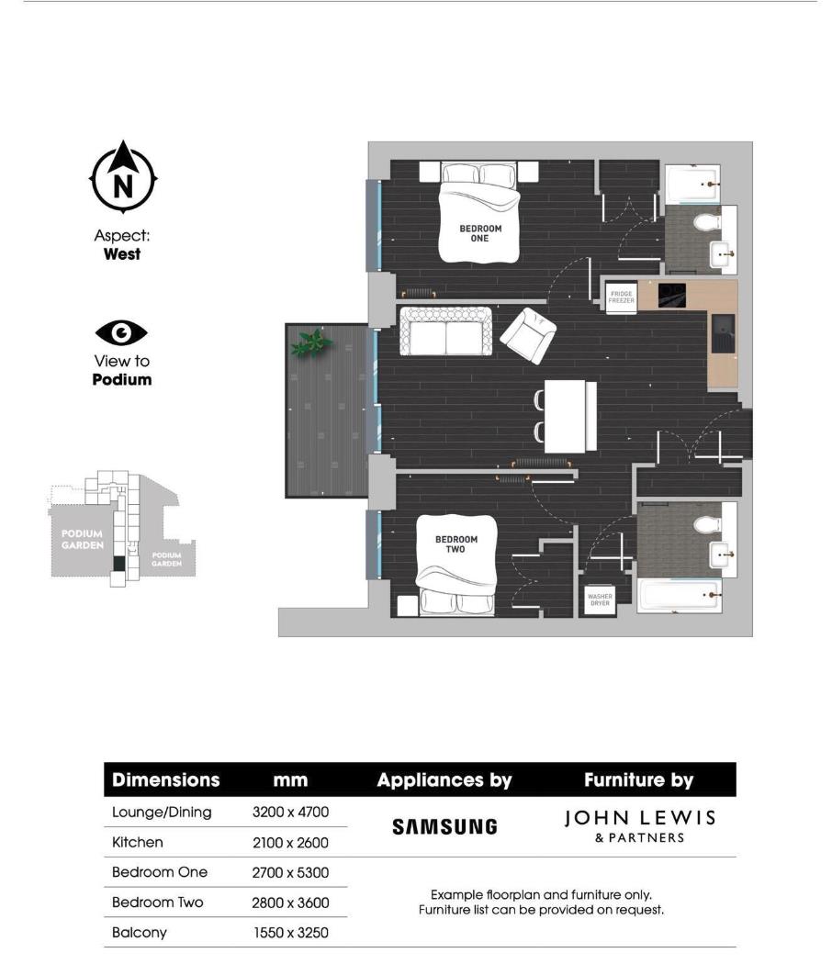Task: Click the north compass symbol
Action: (123, 178)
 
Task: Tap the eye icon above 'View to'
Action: (121, 332)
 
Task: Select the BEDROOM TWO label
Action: (455, 544)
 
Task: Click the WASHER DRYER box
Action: (599, 600)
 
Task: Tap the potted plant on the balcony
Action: (311, 342)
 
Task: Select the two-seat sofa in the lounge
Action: (445, 332)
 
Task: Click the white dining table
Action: (569, 416)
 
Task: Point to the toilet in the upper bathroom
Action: (708, 222)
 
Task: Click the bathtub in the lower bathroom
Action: (679, 594)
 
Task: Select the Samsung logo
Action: (444, 826)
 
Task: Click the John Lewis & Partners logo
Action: (638, 824)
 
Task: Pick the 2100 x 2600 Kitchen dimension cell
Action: (290, 842)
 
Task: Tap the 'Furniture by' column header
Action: (638, 780)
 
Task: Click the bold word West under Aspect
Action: (122, 254)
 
